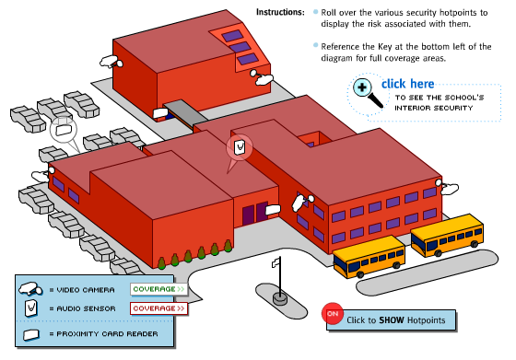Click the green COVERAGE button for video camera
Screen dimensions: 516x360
158,289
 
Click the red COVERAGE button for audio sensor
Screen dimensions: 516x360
158,308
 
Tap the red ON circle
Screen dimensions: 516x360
333,313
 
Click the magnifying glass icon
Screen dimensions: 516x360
367,92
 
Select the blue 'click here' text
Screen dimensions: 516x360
407,84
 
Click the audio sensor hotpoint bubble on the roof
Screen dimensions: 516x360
240,147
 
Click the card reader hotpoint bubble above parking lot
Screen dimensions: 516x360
64,130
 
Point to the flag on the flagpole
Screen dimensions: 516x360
276,262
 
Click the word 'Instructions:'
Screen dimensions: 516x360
280,13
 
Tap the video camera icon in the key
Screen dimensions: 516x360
30,289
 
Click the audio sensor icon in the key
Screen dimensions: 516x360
30,308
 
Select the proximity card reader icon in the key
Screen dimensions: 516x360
31,335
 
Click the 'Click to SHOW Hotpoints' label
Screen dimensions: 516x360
395,320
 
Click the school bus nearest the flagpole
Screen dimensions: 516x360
369,257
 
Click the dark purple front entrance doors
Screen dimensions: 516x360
254,214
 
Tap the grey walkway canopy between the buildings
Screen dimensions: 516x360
185,111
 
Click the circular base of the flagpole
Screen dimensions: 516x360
280,298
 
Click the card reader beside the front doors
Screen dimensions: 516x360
273,209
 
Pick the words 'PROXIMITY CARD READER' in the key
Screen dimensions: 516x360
107,334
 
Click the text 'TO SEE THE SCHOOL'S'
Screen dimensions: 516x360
440,98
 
